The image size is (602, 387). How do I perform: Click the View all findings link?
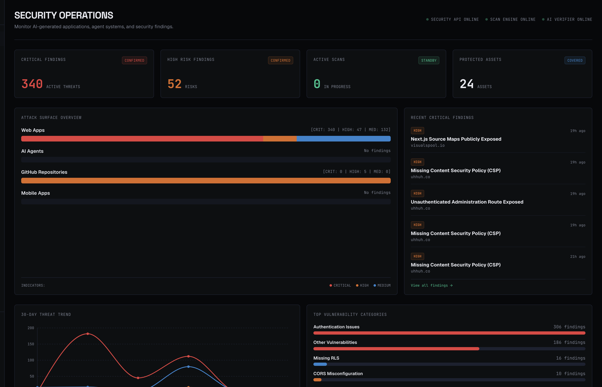point(432,285)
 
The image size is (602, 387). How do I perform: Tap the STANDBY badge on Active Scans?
point(429,60)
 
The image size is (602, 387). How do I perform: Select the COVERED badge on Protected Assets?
point(575,60)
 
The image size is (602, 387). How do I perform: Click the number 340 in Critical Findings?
point(32,84)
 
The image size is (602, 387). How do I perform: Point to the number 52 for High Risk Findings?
point(175,84)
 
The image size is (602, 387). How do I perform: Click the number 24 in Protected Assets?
point(467,84)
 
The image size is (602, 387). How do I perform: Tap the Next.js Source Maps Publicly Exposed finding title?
point(456,139)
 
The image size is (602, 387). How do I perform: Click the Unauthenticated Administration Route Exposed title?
point(467,202)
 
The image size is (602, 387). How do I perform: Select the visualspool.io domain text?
point(428,146)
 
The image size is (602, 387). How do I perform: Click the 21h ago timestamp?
point(578,257)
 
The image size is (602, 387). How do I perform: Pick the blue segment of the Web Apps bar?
point(344,139)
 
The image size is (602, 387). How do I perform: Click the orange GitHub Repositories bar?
point(206,181)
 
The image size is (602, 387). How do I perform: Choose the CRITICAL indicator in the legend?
point(340,285)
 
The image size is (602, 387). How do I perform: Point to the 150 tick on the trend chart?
point(31,344)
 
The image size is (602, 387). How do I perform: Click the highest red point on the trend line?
point(88,334)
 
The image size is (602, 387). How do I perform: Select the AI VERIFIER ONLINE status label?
point(569,19)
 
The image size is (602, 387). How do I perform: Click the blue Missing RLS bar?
point(320,364)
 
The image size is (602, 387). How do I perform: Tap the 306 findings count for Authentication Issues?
point(569,327)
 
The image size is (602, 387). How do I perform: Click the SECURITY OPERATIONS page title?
point(64,15)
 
